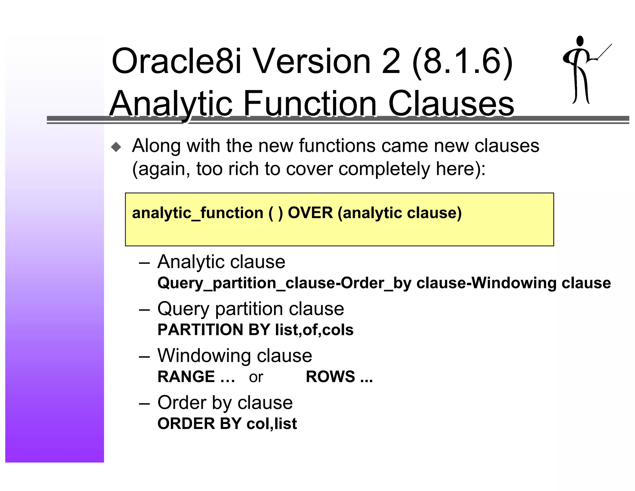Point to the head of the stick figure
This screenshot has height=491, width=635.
click(x=579, y=41)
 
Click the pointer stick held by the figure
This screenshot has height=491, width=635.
click(x=605, y=51)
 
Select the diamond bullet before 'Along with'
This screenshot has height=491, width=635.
click(x=116, y=147)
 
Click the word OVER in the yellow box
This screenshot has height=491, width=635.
click(x=310, y=213)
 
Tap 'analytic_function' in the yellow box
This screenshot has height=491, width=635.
click(x=198, y=213)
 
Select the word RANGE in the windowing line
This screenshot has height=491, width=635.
click(x=186, y=377)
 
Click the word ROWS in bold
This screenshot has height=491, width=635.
click(x=330, y=377)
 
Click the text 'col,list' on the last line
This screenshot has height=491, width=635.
click(x=272, y=424)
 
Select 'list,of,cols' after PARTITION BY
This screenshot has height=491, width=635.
click(x=314, y=330)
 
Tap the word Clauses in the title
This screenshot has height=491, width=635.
click(x=451, y=103)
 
